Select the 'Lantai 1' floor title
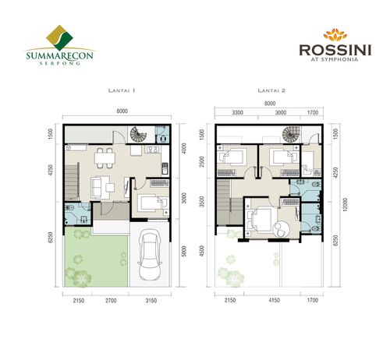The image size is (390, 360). coord(122,90)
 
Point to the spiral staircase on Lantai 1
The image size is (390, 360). coord(139,134)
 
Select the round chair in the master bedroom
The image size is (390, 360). coord(282,228)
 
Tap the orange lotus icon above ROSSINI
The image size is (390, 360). coord(331,34)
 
